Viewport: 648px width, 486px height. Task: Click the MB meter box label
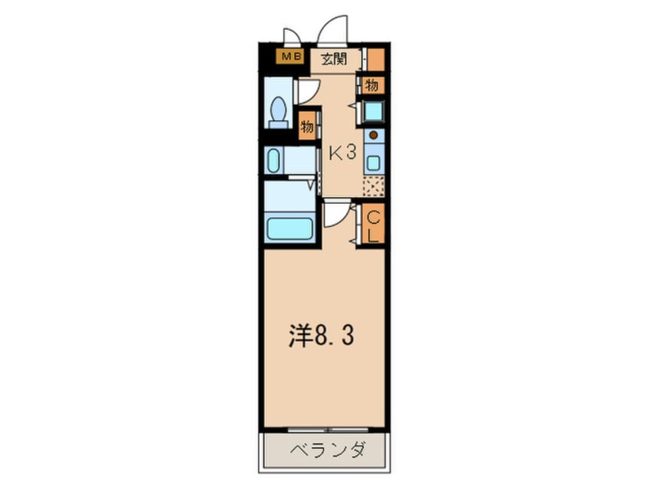(290, 56)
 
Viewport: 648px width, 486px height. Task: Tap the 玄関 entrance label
(334, 59)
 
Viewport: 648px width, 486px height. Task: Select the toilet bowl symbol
(279, 113)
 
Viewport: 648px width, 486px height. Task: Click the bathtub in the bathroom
(290, 228)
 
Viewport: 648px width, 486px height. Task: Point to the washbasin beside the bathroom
(273, 160)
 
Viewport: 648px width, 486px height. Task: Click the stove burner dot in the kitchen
(373, 135)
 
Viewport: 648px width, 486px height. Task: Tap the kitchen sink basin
(373, 163)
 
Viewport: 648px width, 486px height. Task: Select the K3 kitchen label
(342, 153)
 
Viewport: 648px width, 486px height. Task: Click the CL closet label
(373, 227)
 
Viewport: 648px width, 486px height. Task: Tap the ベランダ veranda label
(327, 450)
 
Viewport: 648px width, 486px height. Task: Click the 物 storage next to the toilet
(307, 126)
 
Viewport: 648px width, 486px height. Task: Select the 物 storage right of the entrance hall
(371, 86)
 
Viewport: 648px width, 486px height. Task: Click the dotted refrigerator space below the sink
(374, 186)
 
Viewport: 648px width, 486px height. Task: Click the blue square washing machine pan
(374, 111)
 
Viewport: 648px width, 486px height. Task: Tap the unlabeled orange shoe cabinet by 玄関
(376, 60)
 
